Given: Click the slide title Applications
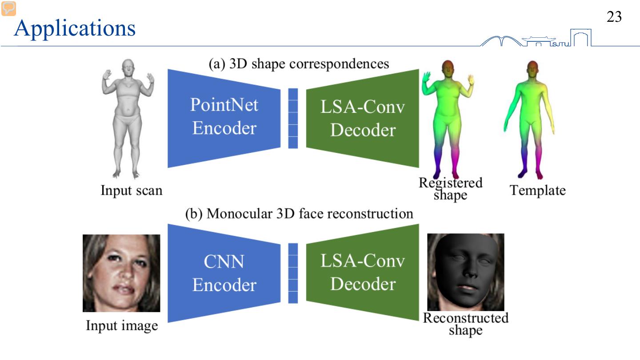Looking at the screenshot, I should [75, 28].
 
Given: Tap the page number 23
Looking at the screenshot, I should [614, 17].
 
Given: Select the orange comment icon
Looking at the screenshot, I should [8, 8].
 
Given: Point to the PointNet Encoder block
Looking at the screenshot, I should [224, 117].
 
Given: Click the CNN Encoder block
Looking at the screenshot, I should [224, 273].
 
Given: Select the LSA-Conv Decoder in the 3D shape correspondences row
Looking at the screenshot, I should [363, 118].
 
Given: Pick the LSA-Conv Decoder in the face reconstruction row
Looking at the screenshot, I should [363, 272].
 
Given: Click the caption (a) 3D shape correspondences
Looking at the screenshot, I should [299, 64].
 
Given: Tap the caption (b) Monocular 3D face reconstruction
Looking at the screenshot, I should [299, 214].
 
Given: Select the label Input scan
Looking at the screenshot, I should [132, 191].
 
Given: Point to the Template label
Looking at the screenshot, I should [537, 191].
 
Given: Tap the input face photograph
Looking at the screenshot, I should [121, 273].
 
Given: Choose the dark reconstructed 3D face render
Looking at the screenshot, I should [466, 272].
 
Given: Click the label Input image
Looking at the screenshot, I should [122, 326].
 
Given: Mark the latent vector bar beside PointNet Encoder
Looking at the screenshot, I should [293, 118].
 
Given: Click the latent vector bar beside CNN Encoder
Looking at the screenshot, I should [293, 273].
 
